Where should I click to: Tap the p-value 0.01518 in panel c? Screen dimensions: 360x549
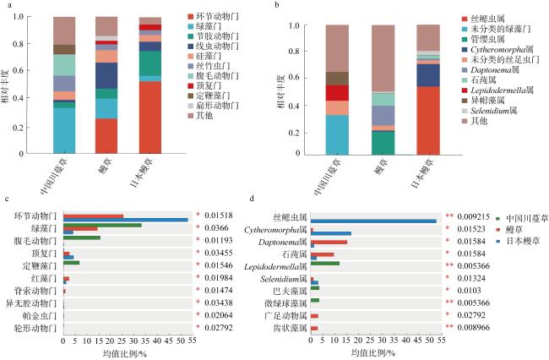click(x=218, y=216)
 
